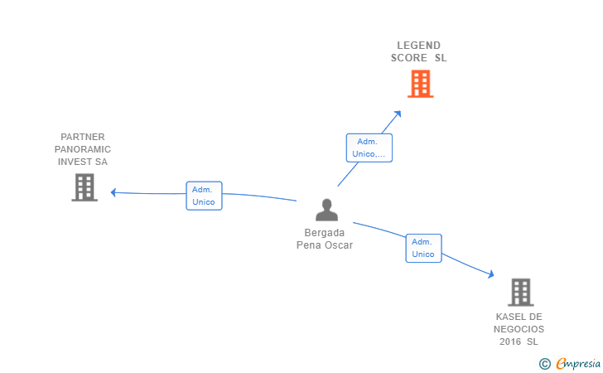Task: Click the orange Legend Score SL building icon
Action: click(x=420, y=84)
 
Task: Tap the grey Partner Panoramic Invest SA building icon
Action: click(x=84, y=187)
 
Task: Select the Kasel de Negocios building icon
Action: click(x=520, y=292)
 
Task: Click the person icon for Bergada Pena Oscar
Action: click(x=326, y=210)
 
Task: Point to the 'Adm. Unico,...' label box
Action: click(x=369, y=148)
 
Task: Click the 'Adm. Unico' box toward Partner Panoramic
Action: click(x=204, y=196)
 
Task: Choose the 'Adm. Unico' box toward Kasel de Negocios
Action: click(x=423, y=248)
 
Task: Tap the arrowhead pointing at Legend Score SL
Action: click(x=398, y=114)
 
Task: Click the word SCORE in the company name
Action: click(x=409, y=58)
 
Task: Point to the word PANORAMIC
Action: click(x=83, y=149)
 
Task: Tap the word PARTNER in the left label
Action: click(x=83, y=137)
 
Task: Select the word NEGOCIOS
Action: click(x=519, y=329)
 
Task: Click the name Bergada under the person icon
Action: click(x=325, y=233)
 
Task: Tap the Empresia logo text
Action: click(x=578, y=363)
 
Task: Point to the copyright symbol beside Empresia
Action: click(x=544, y=363)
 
